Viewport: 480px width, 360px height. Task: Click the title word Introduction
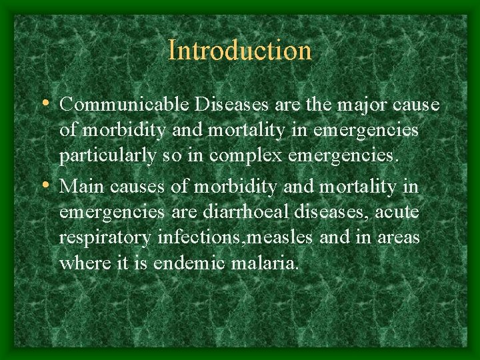pos(240,51)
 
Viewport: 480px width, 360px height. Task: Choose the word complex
pos(241,157)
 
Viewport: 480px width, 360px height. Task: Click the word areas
pos(399,238)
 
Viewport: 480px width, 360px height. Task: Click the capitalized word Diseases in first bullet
pos(229,105)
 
